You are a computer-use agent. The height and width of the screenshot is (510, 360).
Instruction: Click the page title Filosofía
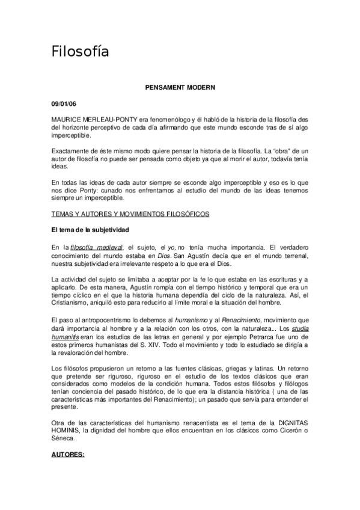point(80,52)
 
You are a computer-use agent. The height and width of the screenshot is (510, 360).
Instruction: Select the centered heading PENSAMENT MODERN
point(180,87)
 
